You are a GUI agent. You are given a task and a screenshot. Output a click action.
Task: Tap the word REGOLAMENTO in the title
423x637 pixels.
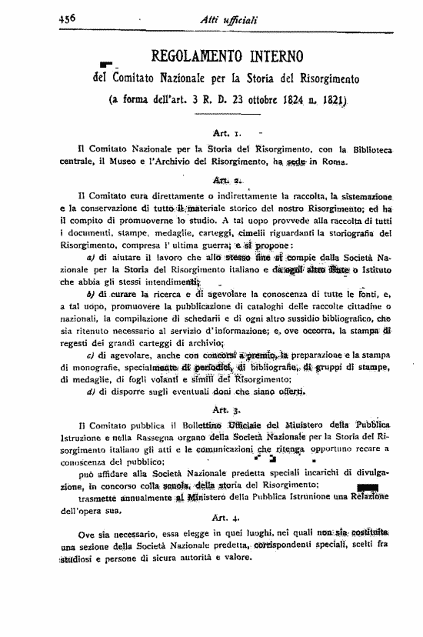180,57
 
